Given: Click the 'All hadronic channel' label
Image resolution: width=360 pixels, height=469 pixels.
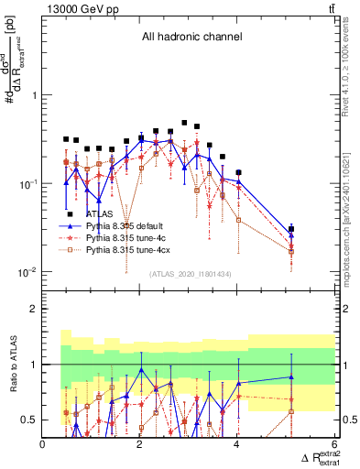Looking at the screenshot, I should tap(191, 38).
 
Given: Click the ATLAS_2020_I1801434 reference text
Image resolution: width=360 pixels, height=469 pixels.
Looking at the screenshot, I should tap(190, 274).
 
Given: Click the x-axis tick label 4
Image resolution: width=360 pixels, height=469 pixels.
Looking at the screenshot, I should tap(237, 446).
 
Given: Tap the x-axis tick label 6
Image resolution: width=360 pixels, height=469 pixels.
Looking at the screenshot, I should tap(334, 446).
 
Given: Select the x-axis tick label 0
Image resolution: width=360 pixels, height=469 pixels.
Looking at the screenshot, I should tap(43, 446).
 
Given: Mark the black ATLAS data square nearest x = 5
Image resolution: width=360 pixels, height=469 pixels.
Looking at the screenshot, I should tap(291, 229).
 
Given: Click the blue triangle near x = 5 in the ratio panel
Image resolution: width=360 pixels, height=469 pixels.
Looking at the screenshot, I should tap(291, 376).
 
